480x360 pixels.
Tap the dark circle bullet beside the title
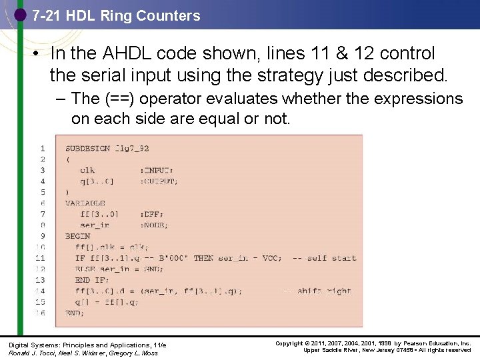click(20, 14)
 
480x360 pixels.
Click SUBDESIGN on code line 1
click(87, 148)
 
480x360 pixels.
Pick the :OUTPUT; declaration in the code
click(159, 181)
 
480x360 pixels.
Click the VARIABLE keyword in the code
click(85, 203)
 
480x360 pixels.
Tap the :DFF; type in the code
click(151, 214)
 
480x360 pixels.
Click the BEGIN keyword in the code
click(77, 236)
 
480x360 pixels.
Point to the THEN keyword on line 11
click(203, 258)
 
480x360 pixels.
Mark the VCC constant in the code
click(271, 258)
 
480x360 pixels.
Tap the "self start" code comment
click(331, 258)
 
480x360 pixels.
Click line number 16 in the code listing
click(41, 313)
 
